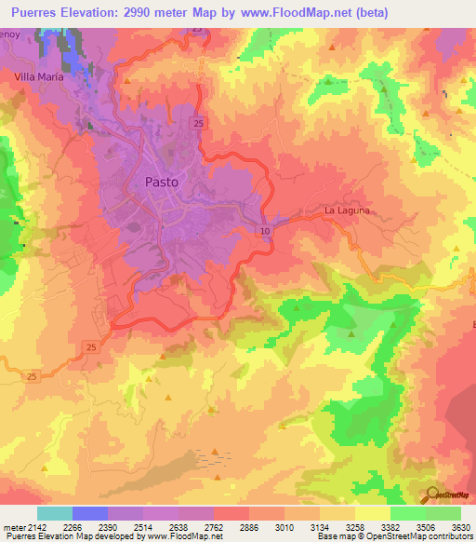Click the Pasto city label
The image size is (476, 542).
pyautogui.click(x=162, y=183)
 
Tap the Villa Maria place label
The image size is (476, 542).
pyautogui.click(x=38, y=77)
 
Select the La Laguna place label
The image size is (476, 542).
pyautogui.click(x=347, y=210)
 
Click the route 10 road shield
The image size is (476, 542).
pyautogui.click(x=265, y=230)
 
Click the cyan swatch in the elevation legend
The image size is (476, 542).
pyautogui.click(x=55, y=513)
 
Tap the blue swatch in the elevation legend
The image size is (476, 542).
pyautogui.click(x=90, y=513)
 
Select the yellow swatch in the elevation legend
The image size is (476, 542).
pyautogui.click(x=373, y=513)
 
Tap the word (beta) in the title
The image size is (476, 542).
pyautogui.click(x=367, y=12)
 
